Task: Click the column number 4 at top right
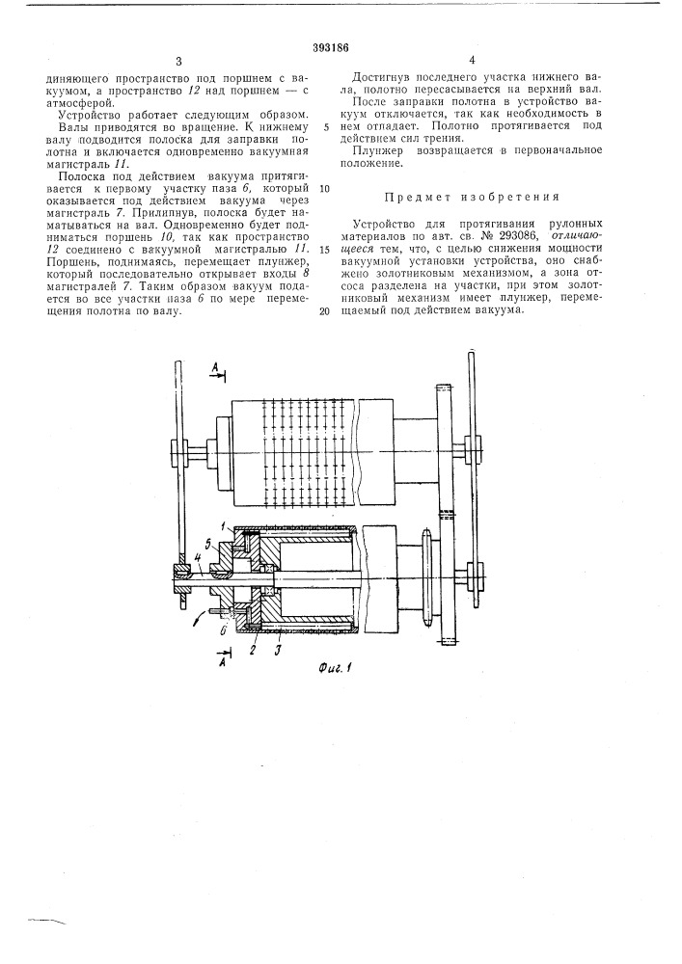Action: (473, 60)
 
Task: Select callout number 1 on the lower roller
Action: (224, 524)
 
